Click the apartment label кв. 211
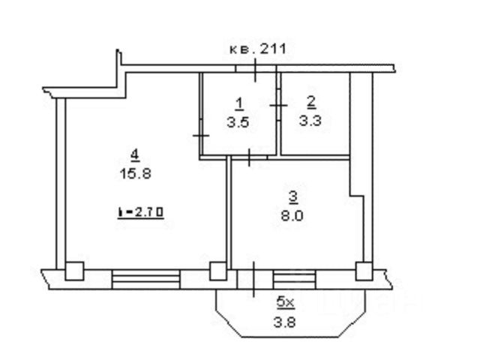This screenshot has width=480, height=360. coord(258,49)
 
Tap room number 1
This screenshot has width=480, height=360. coord(239,104)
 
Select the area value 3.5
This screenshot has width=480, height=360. coord(238,122)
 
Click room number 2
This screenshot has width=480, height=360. coord(311,103)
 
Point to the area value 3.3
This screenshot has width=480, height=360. coord(310,121)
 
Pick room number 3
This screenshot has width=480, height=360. coord(293,197)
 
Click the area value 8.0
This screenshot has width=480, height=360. coord(292,217)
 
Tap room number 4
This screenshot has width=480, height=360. coord(135,155)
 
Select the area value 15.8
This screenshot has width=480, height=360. coord(136,174)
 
